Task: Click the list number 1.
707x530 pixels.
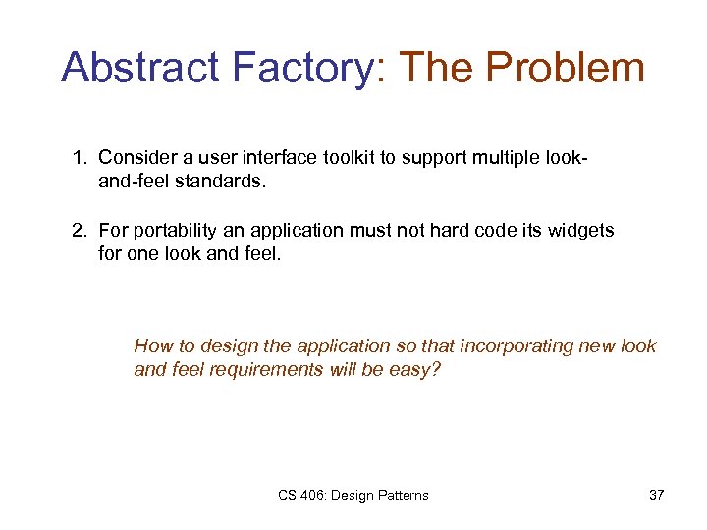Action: pyautogui.click(x=78, y=157)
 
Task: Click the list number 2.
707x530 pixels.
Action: pyautogui.click(x=78, y=231)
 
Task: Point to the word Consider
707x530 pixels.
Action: pyautogui.click(x=136, y=157)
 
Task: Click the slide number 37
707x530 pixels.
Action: pyautogui.click(x=656, y=495)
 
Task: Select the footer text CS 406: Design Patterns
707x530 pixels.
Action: pyautogui.click(x=353, y=495)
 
